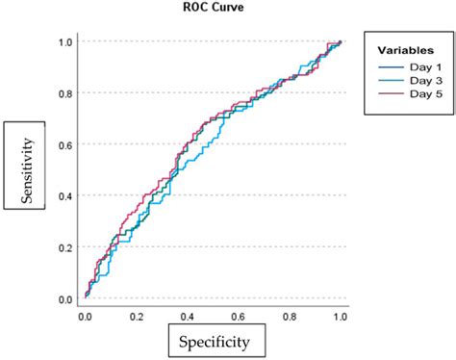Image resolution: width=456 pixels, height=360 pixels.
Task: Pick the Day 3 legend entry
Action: (x=416, y=80)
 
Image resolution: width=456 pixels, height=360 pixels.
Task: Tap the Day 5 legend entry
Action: (x=416, y=94)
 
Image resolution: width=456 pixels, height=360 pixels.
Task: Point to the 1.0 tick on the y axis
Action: (x=65, y=41)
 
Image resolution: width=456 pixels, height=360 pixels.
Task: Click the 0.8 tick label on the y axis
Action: (x=65, y=93)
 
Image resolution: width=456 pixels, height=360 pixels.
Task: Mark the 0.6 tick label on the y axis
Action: (x=65, y=144)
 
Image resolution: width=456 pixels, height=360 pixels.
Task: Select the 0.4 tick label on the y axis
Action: (x=65, y=196)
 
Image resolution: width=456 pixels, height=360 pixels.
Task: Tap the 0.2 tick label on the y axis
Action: (x=65, y=247)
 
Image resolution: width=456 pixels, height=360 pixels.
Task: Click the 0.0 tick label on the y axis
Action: (x=65, y=299)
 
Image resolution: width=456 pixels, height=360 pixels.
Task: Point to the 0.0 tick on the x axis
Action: (x=85, y=315)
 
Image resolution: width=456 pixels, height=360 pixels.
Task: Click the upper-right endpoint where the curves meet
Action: (x=341, y=41)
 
